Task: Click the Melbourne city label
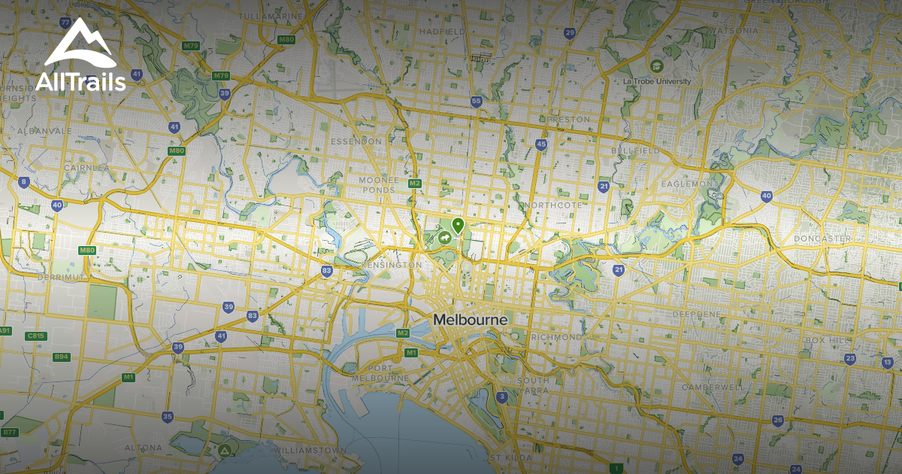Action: click(470, 320)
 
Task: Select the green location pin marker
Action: click(457, 225)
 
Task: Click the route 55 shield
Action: click(476, 102)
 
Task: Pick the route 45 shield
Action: click(541, 144)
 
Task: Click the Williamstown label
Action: click(310, 450)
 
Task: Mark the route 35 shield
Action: click(168, 417)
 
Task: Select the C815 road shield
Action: click(35, 336)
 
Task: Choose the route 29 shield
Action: click(570, 32)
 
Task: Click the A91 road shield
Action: click(5, 331)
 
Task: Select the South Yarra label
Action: click(533, 385)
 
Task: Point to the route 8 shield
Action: click(24, 181)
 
